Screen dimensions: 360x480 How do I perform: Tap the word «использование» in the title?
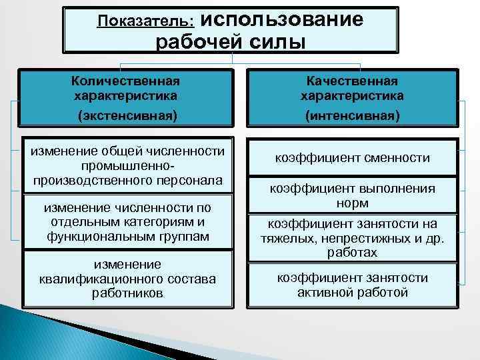279,19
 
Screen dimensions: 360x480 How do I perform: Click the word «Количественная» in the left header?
126,81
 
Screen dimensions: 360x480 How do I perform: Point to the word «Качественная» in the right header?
352,81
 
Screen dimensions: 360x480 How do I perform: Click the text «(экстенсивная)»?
127,115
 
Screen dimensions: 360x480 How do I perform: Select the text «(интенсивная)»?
353,115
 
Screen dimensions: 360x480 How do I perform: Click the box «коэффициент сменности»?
353,158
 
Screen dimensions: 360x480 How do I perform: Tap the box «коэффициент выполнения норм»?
353,195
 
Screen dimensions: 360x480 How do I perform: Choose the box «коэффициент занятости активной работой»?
353,285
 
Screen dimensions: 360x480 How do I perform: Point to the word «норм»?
353,203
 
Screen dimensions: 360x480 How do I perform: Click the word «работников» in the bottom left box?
127,293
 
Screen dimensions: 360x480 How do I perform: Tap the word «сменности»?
401,158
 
